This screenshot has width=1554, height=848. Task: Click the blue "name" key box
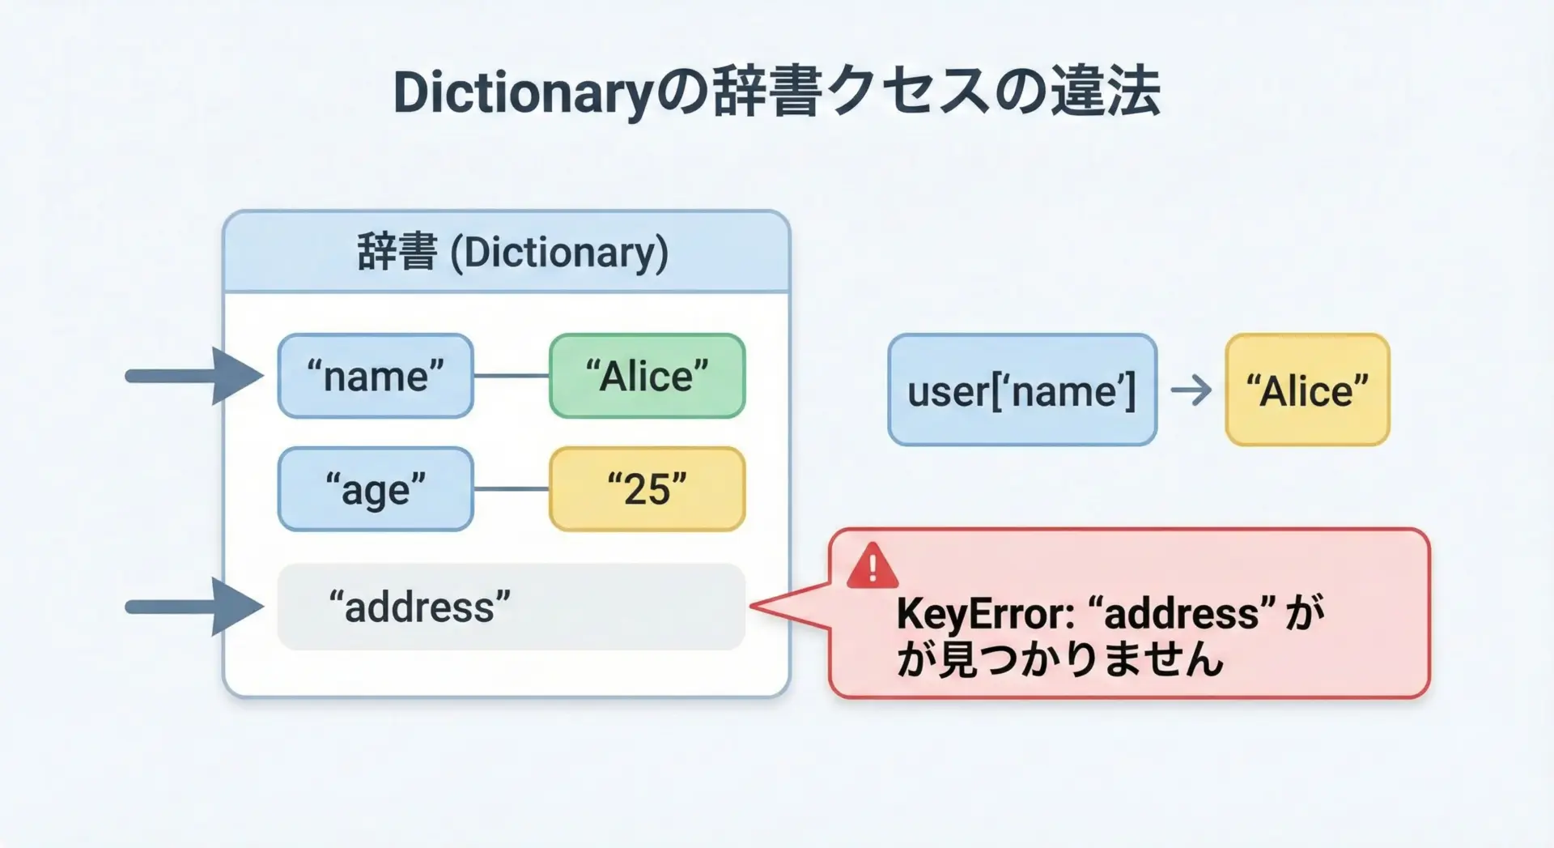click(376, 376)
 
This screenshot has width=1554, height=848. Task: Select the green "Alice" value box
click(647, 376)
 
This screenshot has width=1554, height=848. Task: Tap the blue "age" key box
click(376, 489)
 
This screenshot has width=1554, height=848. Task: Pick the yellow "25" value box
click(647, 489)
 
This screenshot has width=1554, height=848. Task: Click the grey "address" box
click(511, 607)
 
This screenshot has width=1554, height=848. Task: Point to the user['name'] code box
click(1022, 390)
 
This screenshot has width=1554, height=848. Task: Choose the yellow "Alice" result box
click(1307, 390)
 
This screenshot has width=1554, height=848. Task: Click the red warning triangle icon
click(872, 565)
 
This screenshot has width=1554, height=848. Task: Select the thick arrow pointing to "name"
click(194, 376)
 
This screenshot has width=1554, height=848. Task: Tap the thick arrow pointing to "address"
click(194, 607)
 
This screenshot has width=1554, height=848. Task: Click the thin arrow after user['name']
click(1191, 390)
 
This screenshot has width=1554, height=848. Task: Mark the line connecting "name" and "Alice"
click(512, 376)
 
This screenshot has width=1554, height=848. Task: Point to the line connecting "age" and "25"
click(512, 489)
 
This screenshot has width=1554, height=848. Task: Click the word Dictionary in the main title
click(523, 94)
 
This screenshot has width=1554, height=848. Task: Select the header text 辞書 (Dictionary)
click(512, 253)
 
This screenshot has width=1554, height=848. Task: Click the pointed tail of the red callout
click(752, 605)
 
